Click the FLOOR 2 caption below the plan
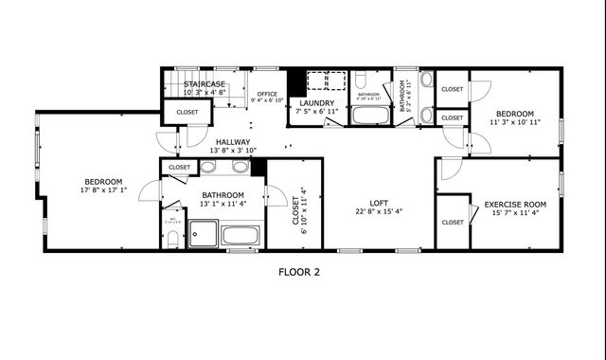(x=299, y=272)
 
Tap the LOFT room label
(x=379, y=203)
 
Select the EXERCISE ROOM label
(x=515, y=204)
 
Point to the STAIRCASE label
(x=204, y=84)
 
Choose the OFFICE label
(x=266, y=94)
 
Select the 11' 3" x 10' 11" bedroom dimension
(x=515, y=122)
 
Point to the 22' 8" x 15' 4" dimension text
(x=379, y=213)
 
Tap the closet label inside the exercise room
(x=452, y=222)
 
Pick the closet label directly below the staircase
(x=187, y=112)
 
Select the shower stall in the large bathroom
(x=203, y=233)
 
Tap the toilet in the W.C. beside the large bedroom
(x=172, y=239)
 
